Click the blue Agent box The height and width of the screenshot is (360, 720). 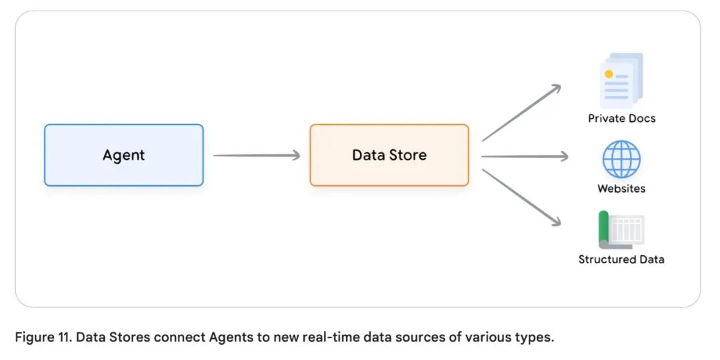coord(123,155)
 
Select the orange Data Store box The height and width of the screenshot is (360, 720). coord(389,155)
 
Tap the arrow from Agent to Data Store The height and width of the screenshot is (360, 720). coord(257,155)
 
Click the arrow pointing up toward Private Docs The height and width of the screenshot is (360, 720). coord(521,113)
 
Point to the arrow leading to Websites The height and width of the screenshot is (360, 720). coord(524,157)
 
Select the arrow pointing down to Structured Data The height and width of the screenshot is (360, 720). coord(521,197)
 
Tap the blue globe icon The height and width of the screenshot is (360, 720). coord(621,159)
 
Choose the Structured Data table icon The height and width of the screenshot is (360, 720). coord(621,230)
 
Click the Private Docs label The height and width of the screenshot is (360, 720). coord(621,119)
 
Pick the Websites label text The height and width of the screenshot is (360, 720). coord(621,189)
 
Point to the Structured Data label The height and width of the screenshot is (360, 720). coord(621,259)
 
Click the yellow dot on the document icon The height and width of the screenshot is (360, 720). coord(609,73)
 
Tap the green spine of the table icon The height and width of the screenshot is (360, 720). coord(604,228)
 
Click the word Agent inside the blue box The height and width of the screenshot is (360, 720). coord(123,155)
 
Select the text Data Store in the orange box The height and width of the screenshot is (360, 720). coord(389,155)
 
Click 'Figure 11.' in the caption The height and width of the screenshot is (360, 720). coord(43,337)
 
